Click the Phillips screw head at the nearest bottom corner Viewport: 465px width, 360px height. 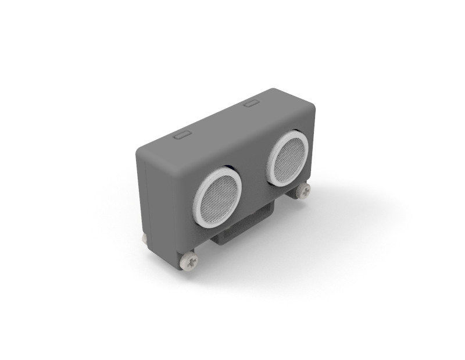(x=190, y=260)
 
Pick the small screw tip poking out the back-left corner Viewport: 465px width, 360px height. (x=143, y=238)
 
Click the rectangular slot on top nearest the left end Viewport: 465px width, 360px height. (x=182, y=135)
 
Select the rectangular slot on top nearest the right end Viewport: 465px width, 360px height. (x=251, y=104)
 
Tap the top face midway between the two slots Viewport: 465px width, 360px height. (x=216, y=119)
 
